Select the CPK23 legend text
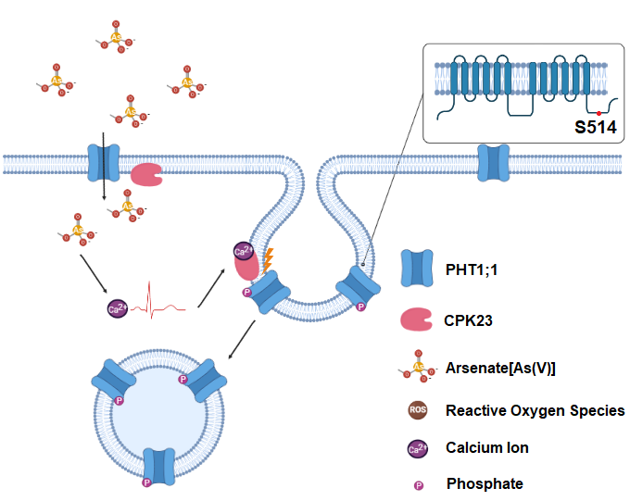[472, 320]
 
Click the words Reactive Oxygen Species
[535, 410]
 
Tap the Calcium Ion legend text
[486, 447]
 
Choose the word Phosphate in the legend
[485, 483]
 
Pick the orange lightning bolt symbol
[268, 259]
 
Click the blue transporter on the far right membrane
[491, 163]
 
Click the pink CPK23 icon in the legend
[418, 320]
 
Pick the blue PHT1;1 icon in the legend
[418, 269]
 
